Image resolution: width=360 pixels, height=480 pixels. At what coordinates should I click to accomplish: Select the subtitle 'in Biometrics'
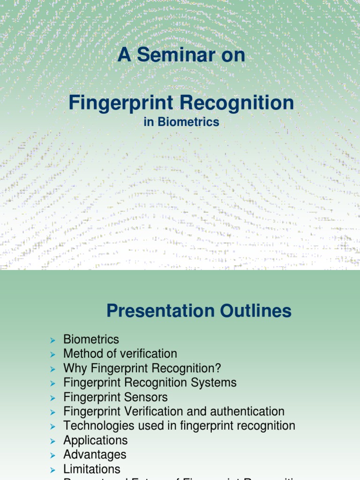click(x=181, y=122)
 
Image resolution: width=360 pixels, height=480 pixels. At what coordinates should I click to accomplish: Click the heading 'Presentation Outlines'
click(x=199, y=311)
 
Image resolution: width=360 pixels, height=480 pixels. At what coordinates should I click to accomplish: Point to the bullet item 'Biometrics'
click(x=91, y=339)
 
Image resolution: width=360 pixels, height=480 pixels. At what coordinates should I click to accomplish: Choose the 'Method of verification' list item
click(x=120, y=353)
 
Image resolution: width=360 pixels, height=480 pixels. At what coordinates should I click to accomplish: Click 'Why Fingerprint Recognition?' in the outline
click(x=142, y=368)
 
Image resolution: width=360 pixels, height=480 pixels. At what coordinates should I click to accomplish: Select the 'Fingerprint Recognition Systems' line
click(x=150, y=382)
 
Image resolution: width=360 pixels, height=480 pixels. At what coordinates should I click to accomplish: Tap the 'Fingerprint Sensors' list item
click(x=115, y=397)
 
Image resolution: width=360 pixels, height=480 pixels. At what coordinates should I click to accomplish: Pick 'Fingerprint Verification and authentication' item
click(x=174, y=412)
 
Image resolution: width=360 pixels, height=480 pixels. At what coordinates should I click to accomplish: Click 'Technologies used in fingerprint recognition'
click(x=179, y=426)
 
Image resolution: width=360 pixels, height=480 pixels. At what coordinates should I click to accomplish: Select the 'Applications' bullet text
click(x=95, y=440)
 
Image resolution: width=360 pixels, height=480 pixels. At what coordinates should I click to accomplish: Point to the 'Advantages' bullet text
click(x=95, y=455)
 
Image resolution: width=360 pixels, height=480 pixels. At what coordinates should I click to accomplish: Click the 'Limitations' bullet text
click(x=92, y=469)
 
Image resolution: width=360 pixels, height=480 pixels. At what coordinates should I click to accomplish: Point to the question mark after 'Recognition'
click(x=217, y=368)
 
